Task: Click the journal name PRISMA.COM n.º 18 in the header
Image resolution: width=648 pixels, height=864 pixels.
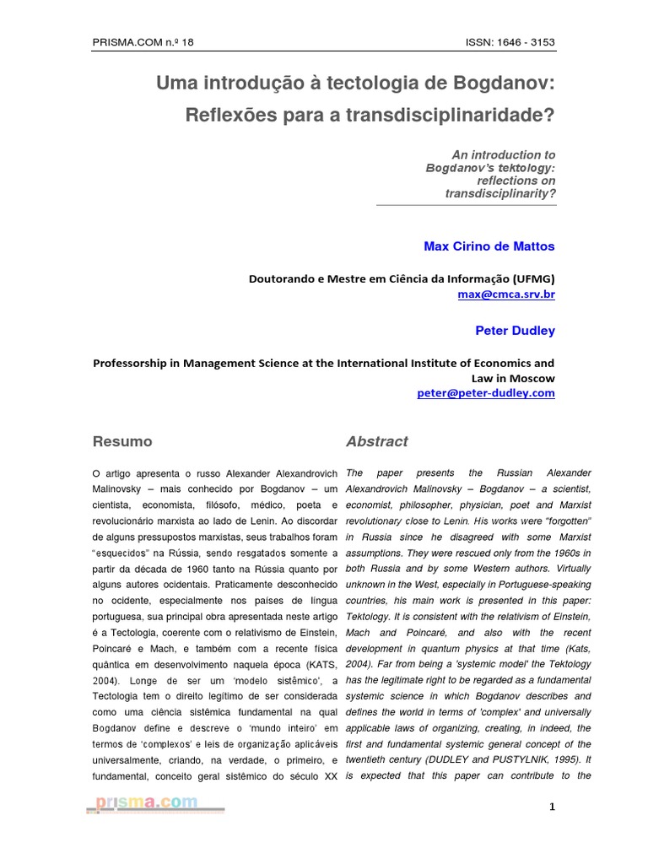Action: (x=143, y=42)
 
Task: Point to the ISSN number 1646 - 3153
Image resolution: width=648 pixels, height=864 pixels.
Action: (x=510, y=42)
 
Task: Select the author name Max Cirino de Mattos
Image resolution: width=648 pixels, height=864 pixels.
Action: (x=489, y=246)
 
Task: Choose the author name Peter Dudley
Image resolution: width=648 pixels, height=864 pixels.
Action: (x=515, y=330)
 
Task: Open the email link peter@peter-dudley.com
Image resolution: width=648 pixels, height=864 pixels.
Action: (x=486, y=393)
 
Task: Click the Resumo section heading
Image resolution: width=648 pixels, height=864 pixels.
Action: (x=121, y=441)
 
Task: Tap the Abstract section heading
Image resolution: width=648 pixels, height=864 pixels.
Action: (x=376, y=441)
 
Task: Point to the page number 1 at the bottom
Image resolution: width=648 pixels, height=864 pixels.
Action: (x=552, y=807)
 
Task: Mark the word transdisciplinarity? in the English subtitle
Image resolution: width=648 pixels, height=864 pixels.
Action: (x=500, y=193)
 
